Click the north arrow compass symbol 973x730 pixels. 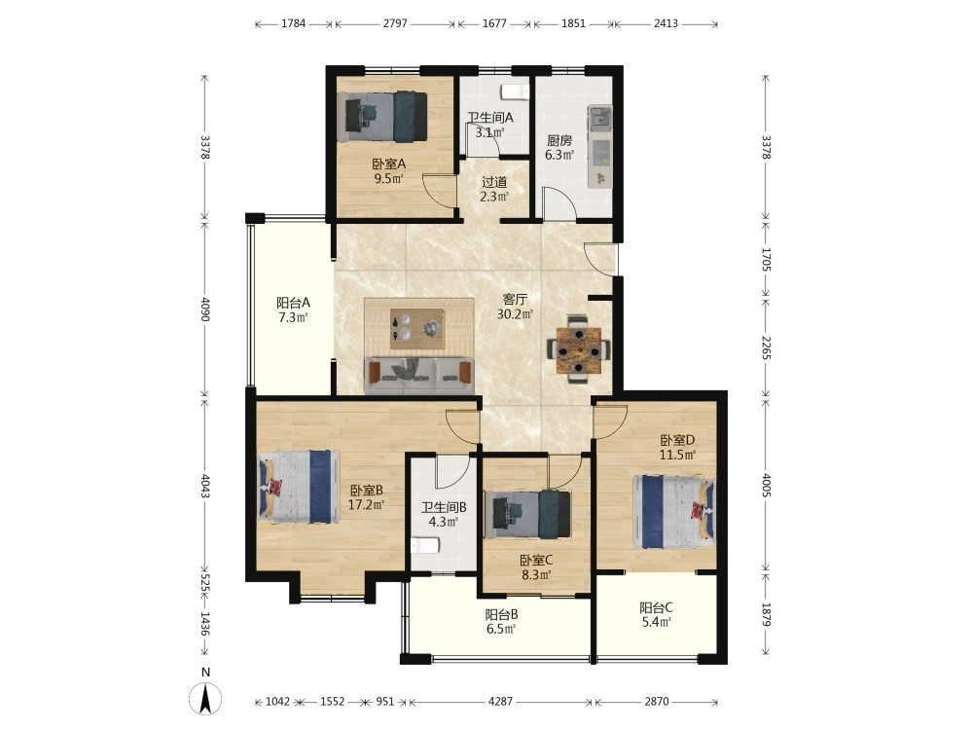(x=205, y=698)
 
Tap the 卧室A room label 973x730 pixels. (x=389, y=164)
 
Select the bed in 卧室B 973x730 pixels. (x=299, y=486)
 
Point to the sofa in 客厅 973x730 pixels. (x=419, y=375)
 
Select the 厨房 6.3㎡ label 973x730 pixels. (x=559, y=148)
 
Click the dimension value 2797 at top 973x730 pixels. (x=395, y=23)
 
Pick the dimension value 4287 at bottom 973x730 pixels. (x=501, y=702)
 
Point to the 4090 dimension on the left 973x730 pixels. (x=205, y=309)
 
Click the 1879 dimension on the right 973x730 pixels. (x=767, y=614)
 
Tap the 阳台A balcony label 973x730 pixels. (x=293, y=303)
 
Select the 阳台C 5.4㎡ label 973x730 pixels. (x=656, y=614)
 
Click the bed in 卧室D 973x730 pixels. (x=674, y=512)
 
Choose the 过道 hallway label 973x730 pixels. (x=494, y=183)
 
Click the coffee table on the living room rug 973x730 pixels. (x=417, y=328)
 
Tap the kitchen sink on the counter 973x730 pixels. (x=599, y=116)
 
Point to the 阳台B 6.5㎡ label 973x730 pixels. (x=501, y=621)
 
